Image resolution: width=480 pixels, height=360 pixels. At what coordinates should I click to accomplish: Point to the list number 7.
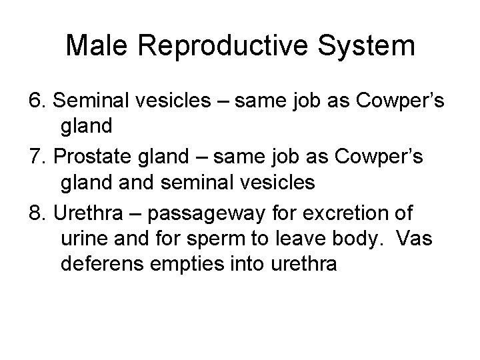(37, 157)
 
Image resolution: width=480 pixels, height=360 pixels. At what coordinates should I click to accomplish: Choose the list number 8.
(37, 214)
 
